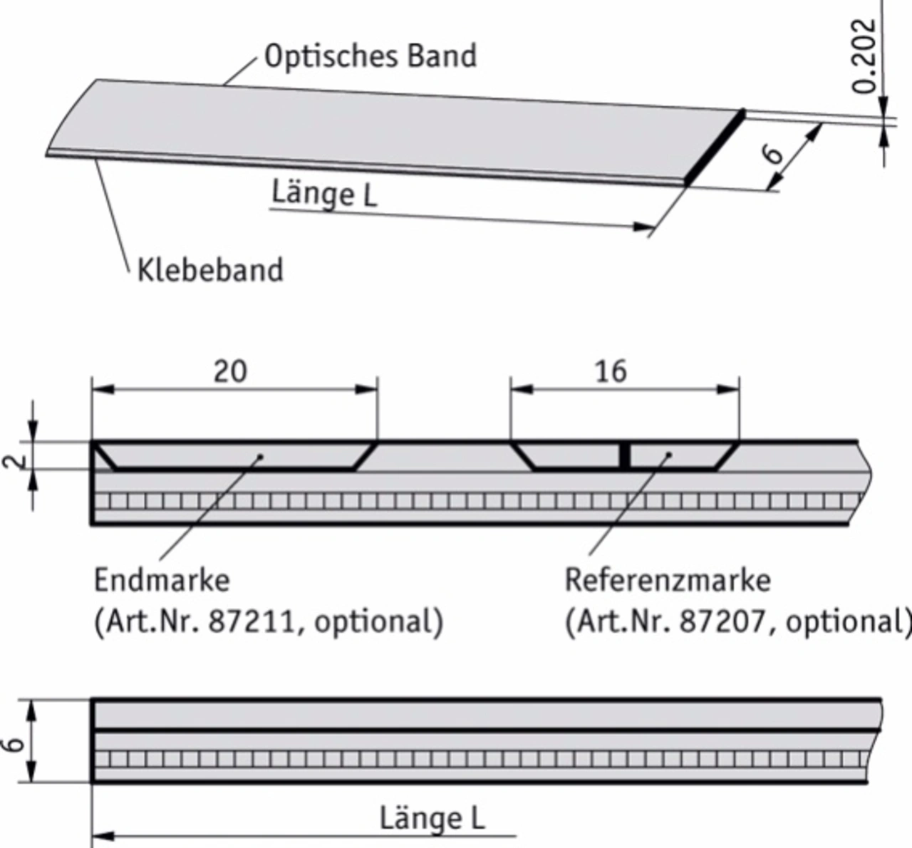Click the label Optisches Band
point(370,56)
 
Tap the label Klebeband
point(210,270)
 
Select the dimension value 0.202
point(864,56)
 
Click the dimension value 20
point(230,371)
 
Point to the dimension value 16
point(611,371)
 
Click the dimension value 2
point(14,462)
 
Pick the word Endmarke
point(162,580)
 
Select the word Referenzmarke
point(668,580)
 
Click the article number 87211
point(251,622)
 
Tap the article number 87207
point(722,622)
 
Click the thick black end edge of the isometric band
point(715,146)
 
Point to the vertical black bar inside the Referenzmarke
point(625,455)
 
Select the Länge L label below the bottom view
point(432,819)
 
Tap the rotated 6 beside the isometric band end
point(773,153)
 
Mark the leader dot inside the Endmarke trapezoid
point(260,457)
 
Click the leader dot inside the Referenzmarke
point(669,455)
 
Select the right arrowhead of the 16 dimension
point(728,390)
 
